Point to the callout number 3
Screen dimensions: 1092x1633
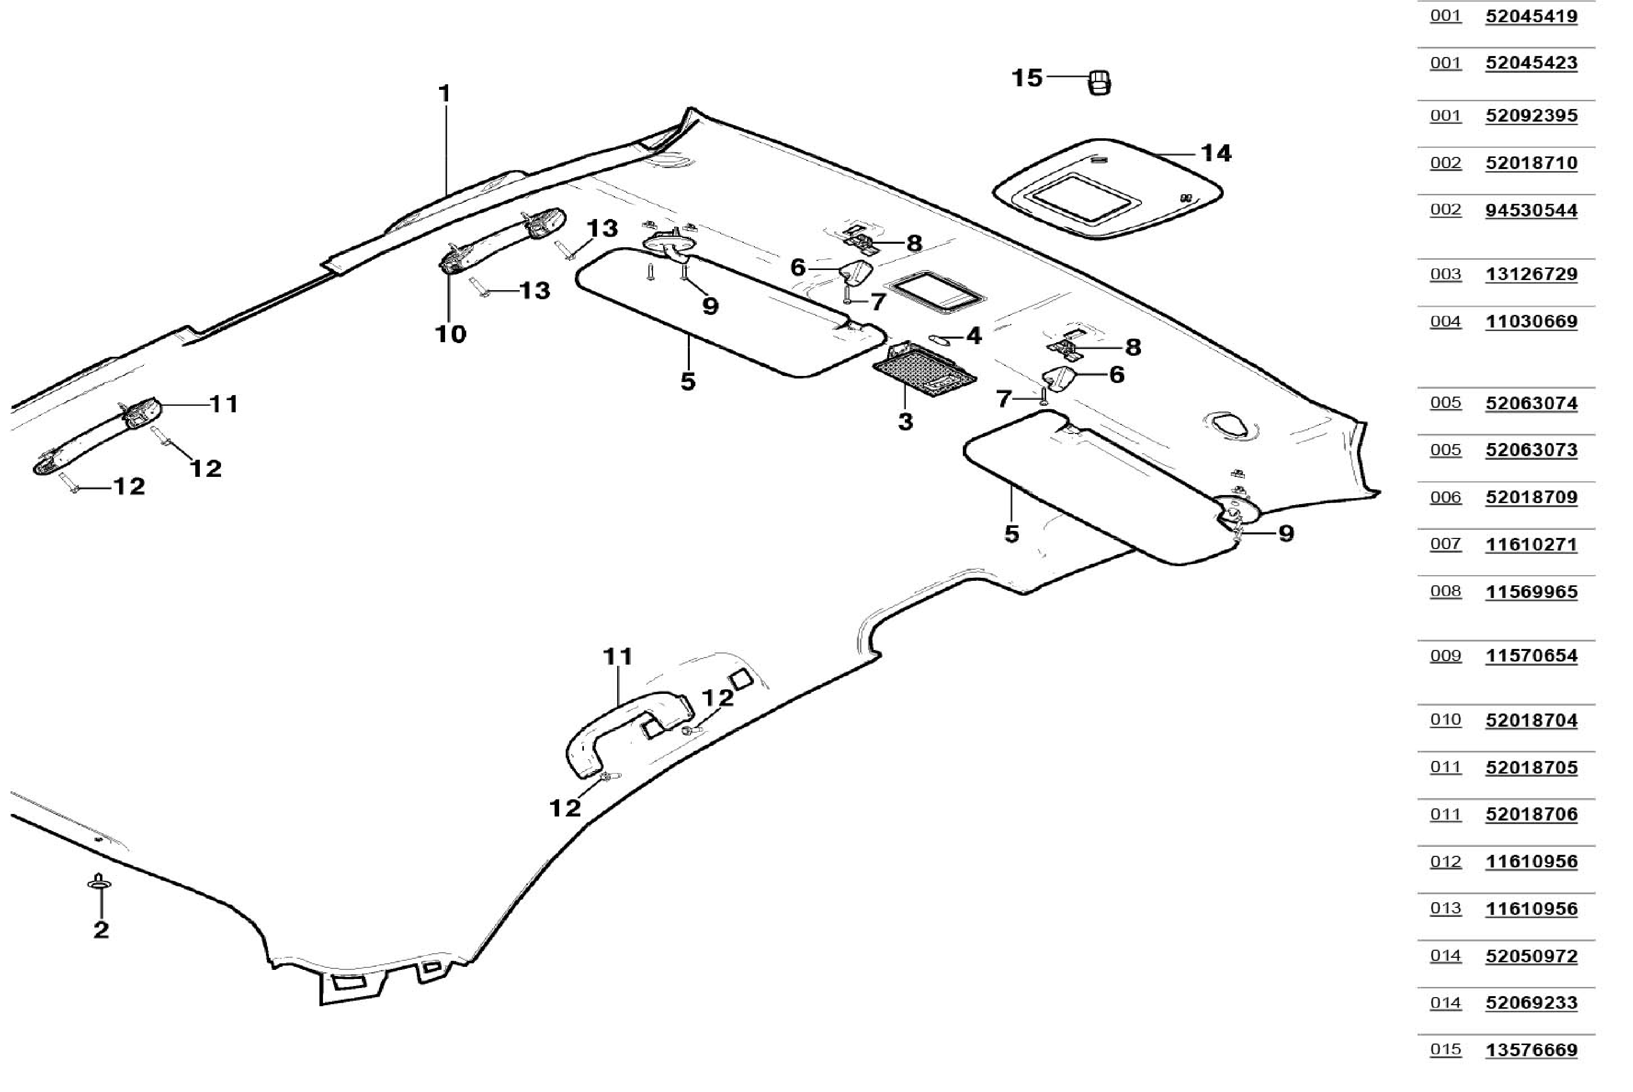coord(905,421)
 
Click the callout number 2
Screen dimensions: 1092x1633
coord(101,929)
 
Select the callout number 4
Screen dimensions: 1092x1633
coord(973,336)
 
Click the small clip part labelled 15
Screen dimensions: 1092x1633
coord(1099,82)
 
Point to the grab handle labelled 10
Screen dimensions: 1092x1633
coord(502,240)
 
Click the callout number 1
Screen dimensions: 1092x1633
coord(444,93)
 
